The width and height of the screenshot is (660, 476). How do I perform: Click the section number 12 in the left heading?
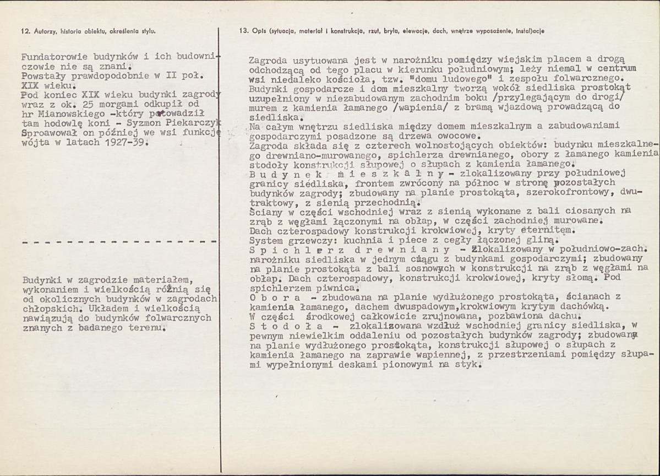[x=23, y=31]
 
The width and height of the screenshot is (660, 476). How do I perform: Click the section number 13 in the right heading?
[x=237, y=31]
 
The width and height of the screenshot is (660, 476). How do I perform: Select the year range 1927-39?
[x=124, y=143]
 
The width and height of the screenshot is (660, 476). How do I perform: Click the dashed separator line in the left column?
[x=118, y=242]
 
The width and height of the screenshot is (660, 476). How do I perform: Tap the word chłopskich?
[x=46, y=308]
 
